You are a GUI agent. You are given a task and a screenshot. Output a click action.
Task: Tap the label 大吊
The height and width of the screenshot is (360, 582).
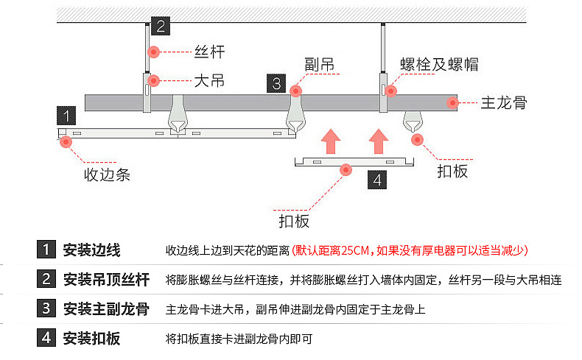[x=208, y=80]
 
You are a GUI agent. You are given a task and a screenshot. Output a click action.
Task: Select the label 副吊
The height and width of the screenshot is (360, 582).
[x=319, y=64]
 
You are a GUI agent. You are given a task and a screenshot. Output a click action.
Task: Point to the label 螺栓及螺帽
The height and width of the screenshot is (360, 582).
[x=439, y=64]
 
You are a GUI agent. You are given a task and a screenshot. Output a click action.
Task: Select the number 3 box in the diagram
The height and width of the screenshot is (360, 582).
[x=276, y=82]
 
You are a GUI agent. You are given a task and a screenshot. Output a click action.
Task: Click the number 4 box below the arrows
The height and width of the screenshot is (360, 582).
[x=376, y=179]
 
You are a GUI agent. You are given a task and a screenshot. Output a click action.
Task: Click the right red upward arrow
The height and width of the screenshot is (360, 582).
[x=379, y=139]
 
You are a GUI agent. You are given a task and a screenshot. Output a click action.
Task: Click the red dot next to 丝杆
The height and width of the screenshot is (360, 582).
[x=154, y=52]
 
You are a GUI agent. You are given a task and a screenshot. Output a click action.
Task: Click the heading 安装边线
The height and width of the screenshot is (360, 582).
[x=91, y=250]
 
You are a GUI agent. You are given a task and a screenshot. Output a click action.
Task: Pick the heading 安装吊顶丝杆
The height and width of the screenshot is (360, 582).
[x=106, y=280]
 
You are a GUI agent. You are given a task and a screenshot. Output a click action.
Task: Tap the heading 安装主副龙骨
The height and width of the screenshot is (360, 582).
[x=106, y=309]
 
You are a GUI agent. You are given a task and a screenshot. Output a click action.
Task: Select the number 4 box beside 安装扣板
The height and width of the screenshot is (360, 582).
[x=46, y=339]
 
